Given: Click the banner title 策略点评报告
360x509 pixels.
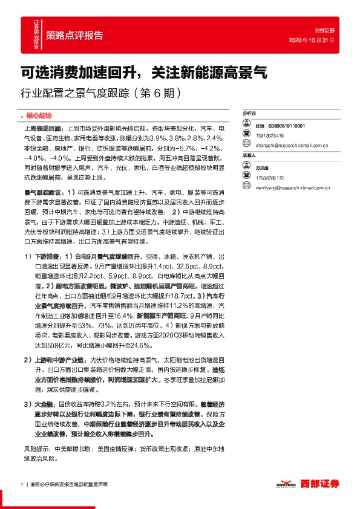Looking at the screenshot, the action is (x=74, y=34).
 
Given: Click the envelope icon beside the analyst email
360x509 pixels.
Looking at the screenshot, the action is (x=246, y=145).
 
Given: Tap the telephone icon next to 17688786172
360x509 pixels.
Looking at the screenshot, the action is (x=246, y=177).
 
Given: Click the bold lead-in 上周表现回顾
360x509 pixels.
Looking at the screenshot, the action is (x=41, y=129).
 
